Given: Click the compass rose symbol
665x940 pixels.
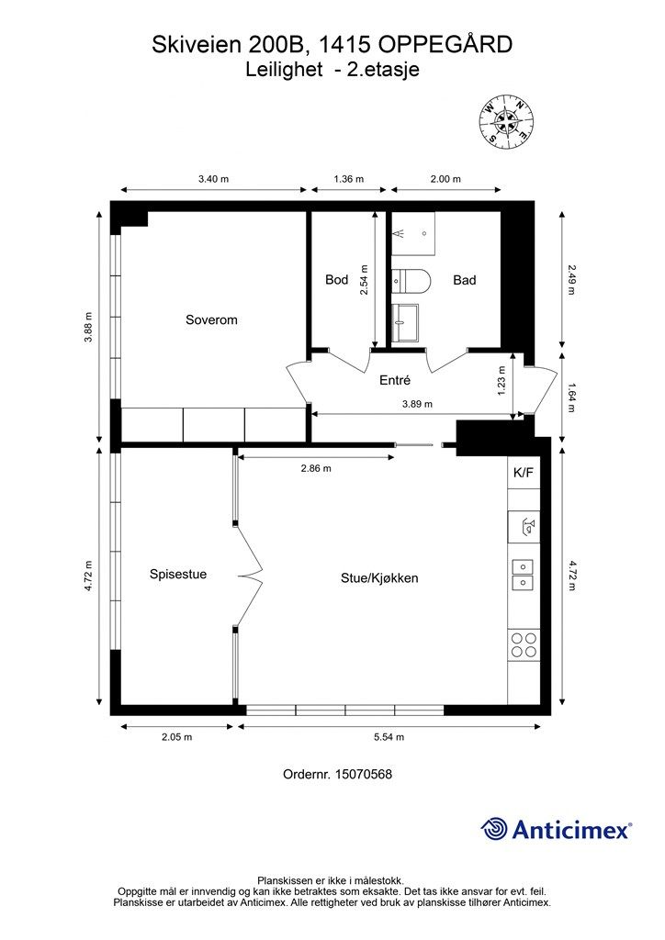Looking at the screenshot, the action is pyautogui.click(x=507, y=122).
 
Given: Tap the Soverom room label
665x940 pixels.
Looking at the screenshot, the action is pyautogui.click(x=211, y=319).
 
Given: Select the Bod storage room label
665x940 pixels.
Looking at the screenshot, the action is pyautogui.click(x=336, y=279).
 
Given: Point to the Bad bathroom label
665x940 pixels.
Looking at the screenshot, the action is pyautogui.click(x=464, y=279).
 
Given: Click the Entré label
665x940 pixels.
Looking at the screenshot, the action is pyautogui.click(x=395, y=379).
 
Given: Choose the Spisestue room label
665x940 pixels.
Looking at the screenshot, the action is pyautogui.click(x=178, y=574).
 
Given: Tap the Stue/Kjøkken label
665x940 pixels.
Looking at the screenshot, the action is pyautogui.click(x=379, y=578).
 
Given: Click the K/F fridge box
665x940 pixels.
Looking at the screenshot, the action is pyautogui.click(x=524, y=473).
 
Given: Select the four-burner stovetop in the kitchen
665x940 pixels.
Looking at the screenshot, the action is pyautogui.click(x=524, y=645).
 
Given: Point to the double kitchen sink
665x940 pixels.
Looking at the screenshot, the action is pyautogui.click(x=523, y=576).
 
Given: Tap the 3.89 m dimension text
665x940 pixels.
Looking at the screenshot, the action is pyautogui.click(x=417, y=404).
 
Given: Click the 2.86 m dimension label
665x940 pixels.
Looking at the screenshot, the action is pyautogui.click(x=316, y=468).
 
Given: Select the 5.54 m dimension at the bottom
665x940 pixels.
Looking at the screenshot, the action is pyautogui.click(x=389, y=737).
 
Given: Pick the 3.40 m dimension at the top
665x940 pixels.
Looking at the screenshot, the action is pyautogui.click(x=213, y=179).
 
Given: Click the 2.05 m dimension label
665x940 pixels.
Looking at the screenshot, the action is pyautogui.click(x=177, y=737).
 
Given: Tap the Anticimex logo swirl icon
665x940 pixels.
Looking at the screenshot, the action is pyautogui.click(x=493, y=829).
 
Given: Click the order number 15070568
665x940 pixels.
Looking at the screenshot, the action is pyautogui.click(x=364, y=774).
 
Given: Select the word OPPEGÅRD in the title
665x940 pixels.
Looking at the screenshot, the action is pyautogui.click(x=445, y=44).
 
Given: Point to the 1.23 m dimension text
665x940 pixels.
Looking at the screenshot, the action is pyautogui.click(x=502, y=381).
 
